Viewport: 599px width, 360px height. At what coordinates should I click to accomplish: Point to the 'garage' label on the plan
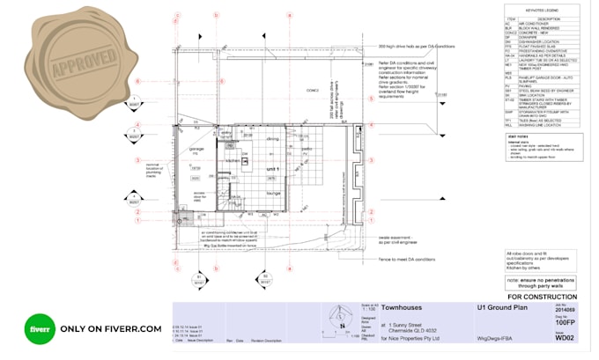197,149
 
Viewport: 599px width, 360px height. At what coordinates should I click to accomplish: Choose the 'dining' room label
272,139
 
